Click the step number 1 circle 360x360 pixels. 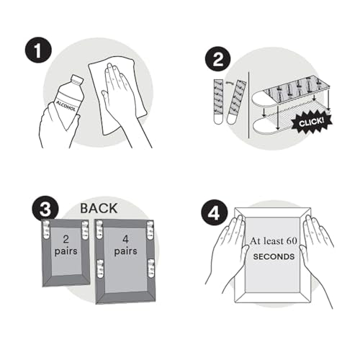point(38,50)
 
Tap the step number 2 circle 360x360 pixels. point(217,60)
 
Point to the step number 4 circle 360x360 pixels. point(214,213)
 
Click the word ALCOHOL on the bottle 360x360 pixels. point(66,106)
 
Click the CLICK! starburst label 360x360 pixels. point(312,122)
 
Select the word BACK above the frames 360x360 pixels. point(99,208)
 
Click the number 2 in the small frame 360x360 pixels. point(66,239)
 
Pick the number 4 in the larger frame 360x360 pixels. point(125,239)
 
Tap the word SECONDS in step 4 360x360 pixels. point(274,256)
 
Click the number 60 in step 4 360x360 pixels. point(292,241)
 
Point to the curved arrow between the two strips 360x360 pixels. point(229,84)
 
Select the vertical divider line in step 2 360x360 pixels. point(249,105)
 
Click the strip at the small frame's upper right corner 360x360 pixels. point(85,230)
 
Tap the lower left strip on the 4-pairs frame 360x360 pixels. point(99,269)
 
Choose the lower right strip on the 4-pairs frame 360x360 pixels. point(151,269)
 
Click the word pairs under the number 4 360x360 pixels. point(125,251)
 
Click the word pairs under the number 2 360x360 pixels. point(66,251)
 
